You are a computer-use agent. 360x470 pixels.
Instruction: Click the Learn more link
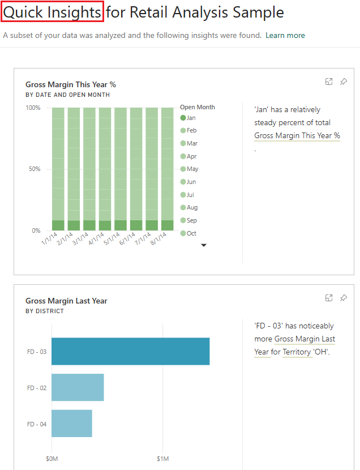[285, 35]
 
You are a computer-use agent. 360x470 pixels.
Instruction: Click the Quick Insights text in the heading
[53, 12]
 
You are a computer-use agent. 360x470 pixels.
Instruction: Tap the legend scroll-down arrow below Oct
[204, 245]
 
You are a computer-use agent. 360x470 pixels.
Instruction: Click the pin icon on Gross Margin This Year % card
[343, 82]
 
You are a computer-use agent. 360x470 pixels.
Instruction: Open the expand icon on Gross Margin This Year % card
[328, 82]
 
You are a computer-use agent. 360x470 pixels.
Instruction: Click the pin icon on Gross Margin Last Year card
[343, 298]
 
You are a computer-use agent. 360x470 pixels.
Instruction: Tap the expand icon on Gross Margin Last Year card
[328, 298]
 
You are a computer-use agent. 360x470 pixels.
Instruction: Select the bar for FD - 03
[130, 351]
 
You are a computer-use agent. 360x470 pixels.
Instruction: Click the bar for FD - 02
[78, 387]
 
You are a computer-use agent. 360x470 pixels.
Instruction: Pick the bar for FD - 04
[71, 424]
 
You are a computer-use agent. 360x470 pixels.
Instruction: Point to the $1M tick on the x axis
[162, 458]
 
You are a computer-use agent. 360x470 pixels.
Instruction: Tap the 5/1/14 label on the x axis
[112, 238]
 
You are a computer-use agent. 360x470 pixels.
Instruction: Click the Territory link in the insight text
[297, 352]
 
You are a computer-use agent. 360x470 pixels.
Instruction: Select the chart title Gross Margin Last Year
[66, 301]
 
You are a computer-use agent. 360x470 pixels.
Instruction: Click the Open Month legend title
[197, 107]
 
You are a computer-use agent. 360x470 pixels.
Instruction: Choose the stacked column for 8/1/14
[167, 169]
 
